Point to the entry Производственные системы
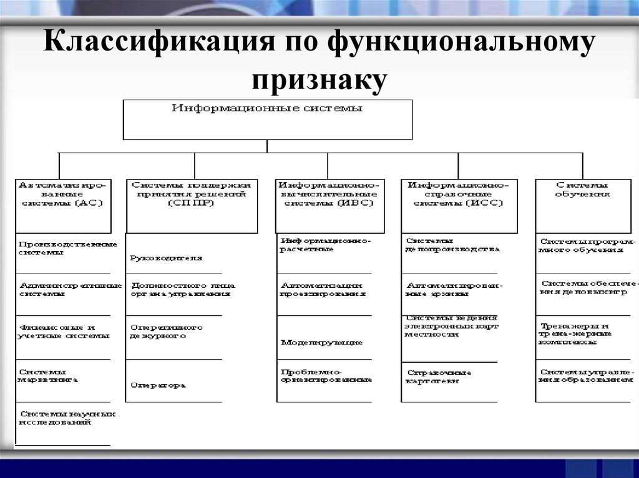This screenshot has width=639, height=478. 60,248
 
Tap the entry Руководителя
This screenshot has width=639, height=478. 167,257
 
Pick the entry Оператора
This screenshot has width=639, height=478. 158,385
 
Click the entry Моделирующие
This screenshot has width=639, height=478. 321,342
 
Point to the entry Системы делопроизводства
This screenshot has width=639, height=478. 452,244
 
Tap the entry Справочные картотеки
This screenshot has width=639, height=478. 438,376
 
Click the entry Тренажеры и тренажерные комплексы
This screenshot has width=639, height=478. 575,333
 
